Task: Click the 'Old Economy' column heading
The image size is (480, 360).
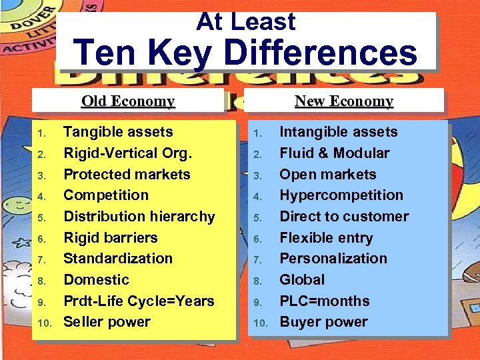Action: click(x=128, y=101)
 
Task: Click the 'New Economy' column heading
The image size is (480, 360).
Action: click(x=344, y=101)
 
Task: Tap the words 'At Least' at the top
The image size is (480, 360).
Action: click(x=245, y=21)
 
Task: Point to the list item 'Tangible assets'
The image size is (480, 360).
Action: click(x=118, y=132)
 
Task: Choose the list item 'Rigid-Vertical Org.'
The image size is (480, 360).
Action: click(x=127, y=153)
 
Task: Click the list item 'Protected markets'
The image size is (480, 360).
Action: click(x=127, y=175)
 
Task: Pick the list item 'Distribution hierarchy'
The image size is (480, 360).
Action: click(x=139, y=217)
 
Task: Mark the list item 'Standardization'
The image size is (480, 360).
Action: click(x=118, y=259)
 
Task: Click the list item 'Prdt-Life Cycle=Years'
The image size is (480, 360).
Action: click(x=139, y=301)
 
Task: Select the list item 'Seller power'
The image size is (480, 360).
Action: click(x=107, y=322)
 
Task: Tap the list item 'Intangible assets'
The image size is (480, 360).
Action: click(x=338, y=132)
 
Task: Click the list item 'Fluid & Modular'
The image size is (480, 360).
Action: click(x=334, y=153)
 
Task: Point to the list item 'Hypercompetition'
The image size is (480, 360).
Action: click(x=341, y=195)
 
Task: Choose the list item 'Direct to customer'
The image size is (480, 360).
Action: click(x=344, y=217)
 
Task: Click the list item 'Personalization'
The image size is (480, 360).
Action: click(x=333, y=259)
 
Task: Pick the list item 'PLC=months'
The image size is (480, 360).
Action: click(x=324, y=301)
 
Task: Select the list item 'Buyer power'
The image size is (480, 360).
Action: click(x=323, y=322)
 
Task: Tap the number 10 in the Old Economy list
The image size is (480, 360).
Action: click(x=44, y=323)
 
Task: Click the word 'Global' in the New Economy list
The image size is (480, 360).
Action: click(x=302, y=280)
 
